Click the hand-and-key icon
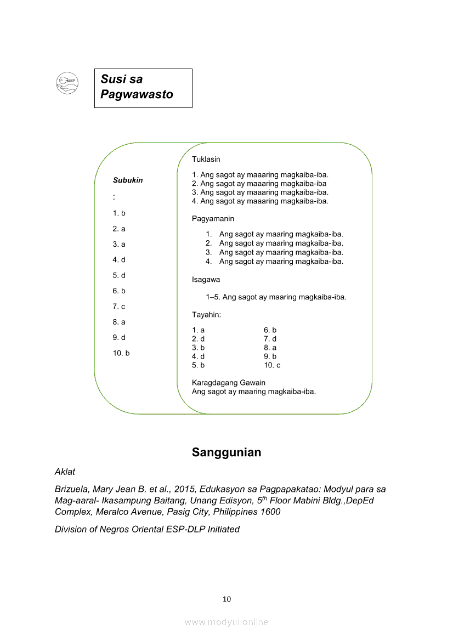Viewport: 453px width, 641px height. click(67, 83)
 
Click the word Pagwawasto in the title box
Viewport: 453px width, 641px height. click(137, 94)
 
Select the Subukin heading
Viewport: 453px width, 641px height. click(128, 180)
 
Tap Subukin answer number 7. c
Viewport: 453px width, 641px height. click(119, 307)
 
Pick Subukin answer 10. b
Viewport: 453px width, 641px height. click(121, 353)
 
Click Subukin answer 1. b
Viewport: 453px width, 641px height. click(119, 213)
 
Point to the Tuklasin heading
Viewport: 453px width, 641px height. click(206, 160)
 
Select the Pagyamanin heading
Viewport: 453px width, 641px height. click(213, 219)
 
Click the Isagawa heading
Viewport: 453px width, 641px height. click(206, 280)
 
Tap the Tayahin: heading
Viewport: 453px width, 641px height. click(207, 315)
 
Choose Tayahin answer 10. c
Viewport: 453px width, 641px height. click(272, 365)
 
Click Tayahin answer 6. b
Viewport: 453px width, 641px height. click(270, 330)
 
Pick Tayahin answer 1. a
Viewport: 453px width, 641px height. click(199, 330)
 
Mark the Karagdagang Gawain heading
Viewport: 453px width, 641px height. click(229, 383)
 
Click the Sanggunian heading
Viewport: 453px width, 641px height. click(226, 452)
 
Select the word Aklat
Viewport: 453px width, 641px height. click(65, 472)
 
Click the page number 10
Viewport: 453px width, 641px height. click(226, 599)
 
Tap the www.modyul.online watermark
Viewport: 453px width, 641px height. click(226, 622)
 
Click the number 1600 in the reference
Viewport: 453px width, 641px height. click(269, 512)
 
